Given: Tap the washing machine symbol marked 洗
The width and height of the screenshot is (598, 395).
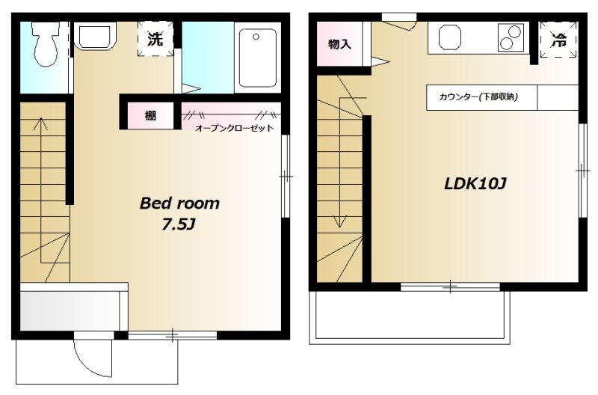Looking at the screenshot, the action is click(155, 39).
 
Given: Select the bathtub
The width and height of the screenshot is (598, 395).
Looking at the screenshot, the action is click(257, 58).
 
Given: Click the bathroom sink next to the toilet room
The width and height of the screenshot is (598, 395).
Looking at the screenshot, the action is click(95, 35).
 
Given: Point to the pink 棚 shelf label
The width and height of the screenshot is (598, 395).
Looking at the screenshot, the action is click(150, 115).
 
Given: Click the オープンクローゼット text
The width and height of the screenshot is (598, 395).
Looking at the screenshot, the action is click(234, 128).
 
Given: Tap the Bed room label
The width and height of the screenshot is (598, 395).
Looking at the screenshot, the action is click(179, 203).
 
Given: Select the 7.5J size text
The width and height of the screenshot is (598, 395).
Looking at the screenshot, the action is click(179, 224).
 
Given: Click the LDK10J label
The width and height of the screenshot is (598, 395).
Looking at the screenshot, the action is click(475, 184).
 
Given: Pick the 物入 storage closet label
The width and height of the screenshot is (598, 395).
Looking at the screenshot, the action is click(339, 44).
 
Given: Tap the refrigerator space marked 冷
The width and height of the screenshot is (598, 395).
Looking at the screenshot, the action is click(558, 40).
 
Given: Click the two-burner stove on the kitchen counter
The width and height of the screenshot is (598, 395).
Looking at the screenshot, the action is click(511, 37).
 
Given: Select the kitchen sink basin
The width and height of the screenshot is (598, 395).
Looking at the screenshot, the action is click(450, 37).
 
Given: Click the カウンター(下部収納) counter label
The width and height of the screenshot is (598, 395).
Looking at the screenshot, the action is click(478, 97).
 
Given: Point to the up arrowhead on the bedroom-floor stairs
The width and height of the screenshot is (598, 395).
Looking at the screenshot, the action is click(41, 123).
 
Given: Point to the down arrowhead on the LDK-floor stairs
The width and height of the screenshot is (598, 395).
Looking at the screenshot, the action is click(340, 221).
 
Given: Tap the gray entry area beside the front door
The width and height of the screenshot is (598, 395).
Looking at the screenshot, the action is click(70, 310).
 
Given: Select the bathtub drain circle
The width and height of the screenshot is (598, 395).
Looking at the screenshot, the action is click(256, 37).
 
